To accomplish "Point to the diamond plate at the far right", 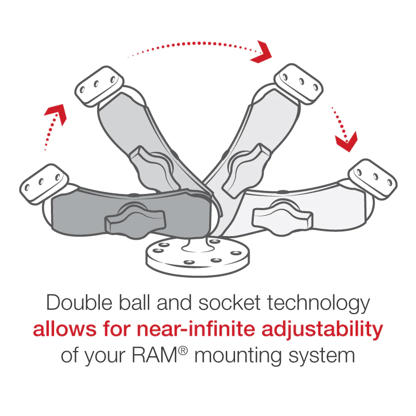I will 372,179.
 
